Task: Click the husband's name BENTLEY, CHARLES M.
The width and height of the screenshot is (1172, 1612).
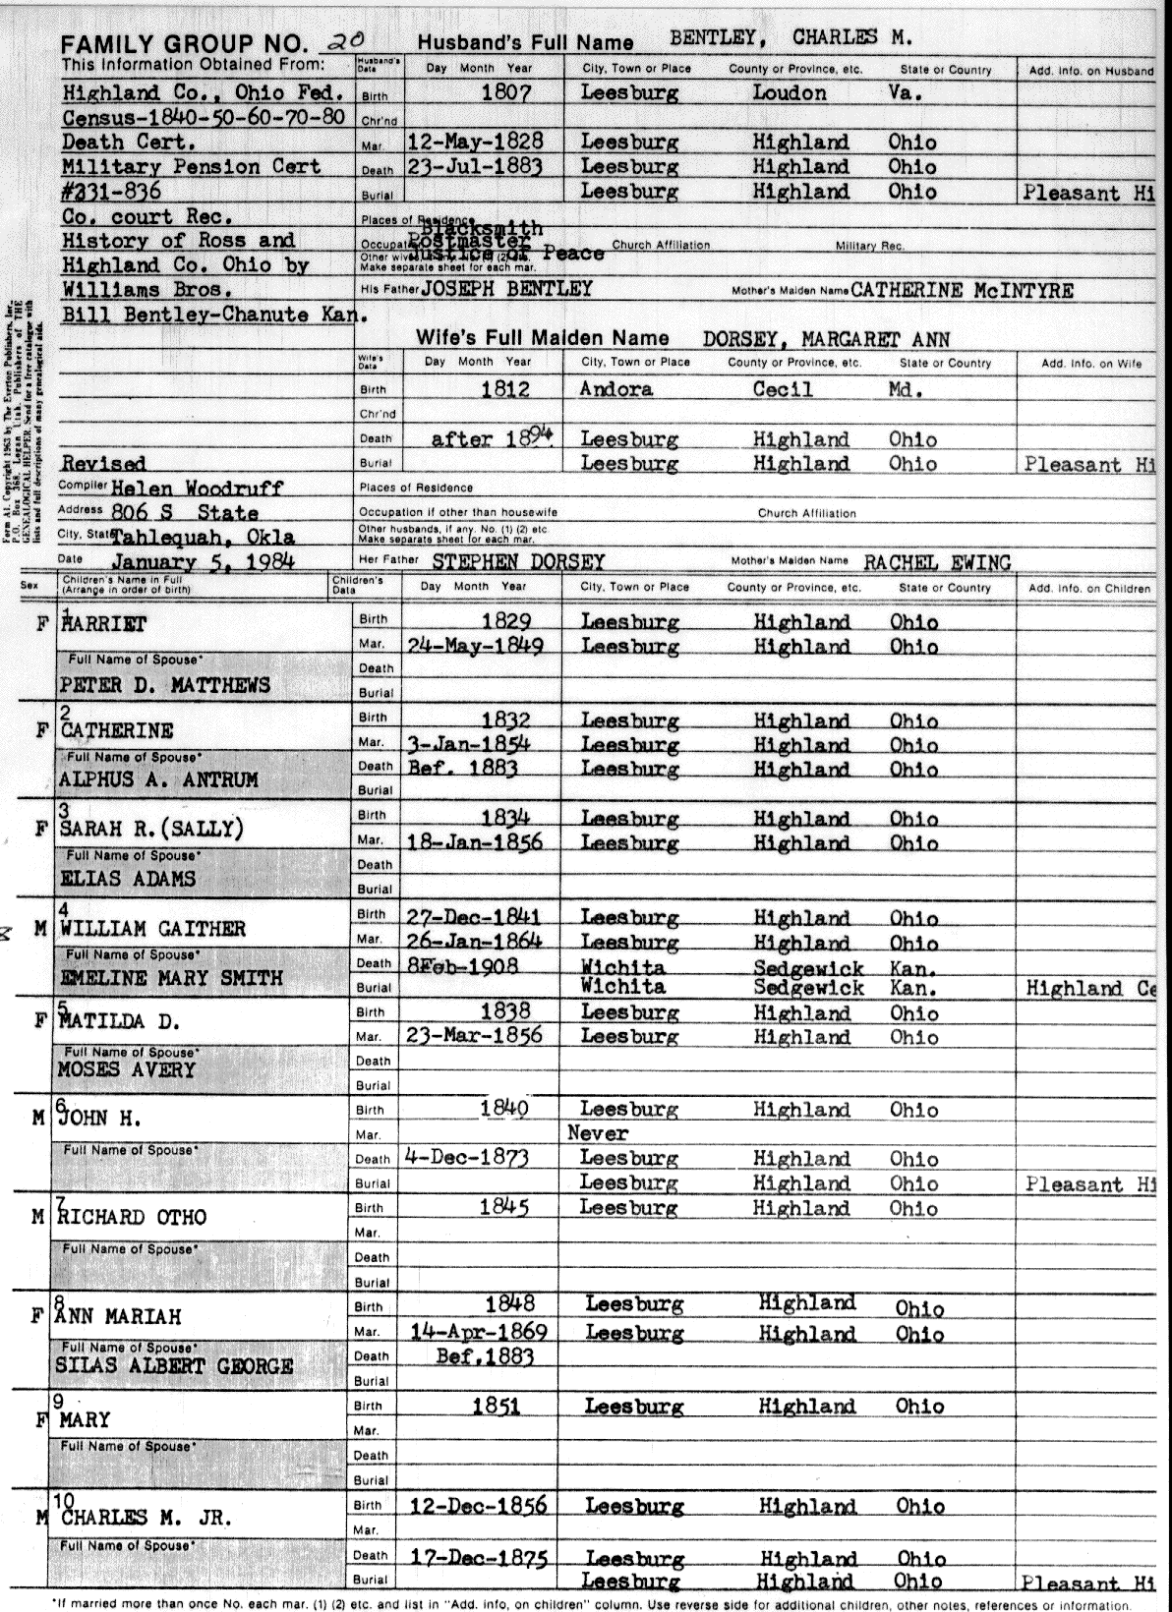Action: [791, 39]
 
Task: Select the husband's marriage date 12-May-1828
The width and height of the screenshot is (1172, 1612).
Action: [475, 142]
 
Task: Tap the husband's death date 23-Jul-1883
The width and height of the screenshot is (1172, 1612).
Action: [475, 166]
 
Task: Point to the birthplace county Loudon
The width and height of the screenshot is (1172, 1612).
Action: [790, 93]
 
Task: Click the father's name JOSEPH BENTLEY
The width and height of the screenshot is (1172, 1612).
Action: [506, 289]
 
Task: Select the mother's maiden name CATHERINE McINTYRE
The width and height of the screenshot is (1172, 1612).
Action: [962, 291]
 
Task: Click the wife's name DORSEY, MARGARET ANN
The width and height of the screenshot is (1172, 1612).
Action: [826, 339]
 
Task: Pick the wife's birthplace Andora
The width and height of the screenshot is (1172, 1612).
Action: [616, 389]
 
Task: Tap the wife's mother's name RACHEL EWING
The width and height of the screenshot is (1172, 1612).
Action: [937, 562]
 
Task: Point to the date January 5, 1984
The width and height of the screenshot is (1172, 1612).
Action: [203, 562]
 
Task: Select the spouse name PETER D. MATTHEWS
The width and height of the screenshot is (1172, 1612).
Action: [164, 685]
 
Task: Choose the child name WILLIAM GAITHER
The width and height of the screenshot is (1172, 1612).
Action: [152, 929]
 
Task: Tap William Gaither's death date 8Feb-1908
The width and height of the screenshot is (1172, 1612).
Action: [462, 965]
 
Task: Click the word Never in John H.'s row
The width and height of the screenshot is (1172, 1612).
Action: [597, 1133]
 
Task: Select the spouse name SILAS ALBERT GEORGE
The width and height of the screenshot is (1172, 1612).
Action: [174, 1366]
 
